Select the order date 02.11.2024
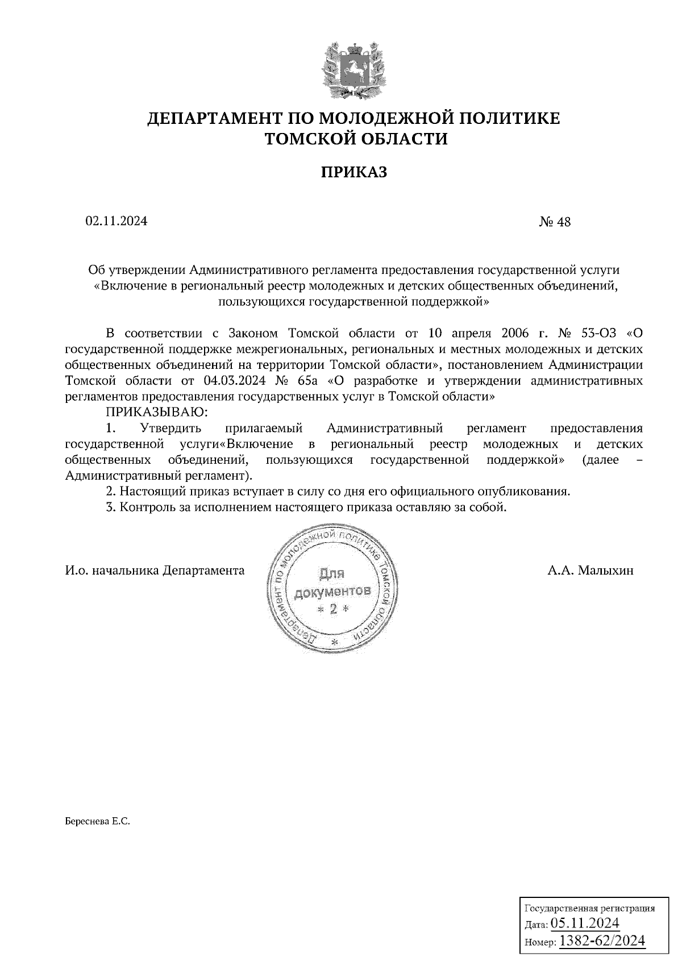[117, 222]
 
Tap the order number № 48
[555, 222]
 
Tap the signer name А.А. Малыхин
[590, 571]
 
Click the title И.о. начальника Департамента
[155, 571]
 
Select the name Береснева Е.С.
[98, 821]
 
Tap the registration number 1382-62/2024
[602, 941]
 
